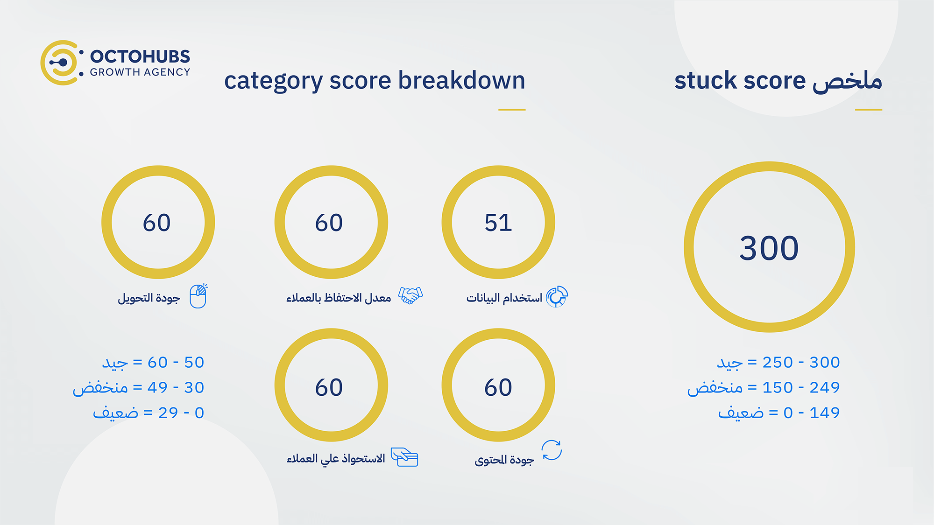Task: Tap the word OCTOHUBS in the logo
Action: [140, 56]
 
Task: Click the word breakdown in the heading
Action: [461, 80]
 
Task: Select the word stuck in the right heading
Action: [705, 80]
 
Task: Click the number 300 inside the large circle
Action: [769, 248]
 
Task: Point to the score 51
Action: [498, 223]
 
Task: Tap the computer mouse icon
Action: [198, 296]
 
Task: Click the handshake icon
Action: [410, 295]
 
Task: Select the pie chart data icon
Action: [557, 296]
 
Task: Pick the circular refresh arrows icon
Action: [552, 450]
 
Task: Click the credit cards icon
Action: [404, 457]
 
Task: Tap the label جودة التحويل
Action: [149, 298]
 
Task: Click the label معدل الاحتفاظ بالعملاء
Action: [339, 298]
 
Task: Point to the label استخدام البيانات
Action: [504, 298]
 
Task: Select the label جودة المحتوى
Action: [504, 460]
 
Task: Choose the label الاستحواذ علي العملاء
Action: [336, 459]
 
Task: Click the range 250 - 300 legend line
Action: [778, 363]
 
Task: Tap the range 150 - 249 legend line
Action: [764, 388]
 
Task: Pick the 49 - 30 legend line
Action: [139, 388]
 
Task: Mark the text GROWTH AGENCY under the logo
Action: [140, 72]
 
